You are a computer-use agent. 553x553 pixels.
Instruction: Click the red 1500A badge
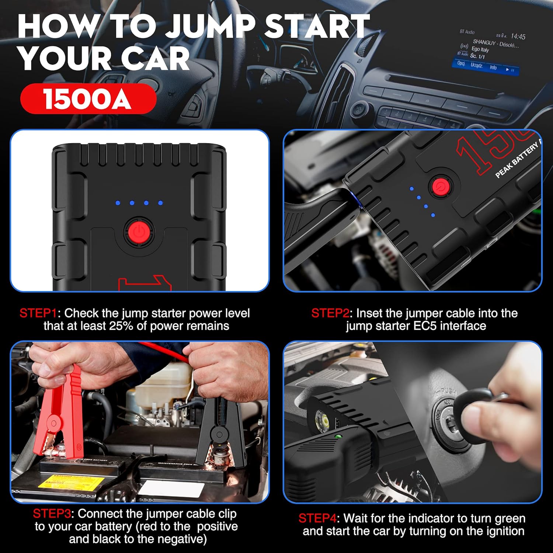(x=88, y=99)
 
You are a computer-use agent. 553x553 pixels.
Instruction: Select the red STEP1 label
(x=38, y=313)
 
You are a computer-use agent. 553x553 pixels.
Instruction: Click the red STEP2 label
(x=330, y=313)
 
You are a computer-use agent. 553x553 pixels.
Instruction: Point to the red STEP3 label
(x=51, y=514)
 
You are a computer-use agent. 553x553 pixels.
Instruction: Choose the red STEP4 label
(x=317, y=518)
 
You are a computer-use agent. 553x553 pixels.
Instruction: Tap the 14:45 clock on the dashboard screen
(x=518, y=36)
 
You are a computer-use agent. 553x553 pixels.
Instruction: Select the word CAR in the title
(x=155, y=59)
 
